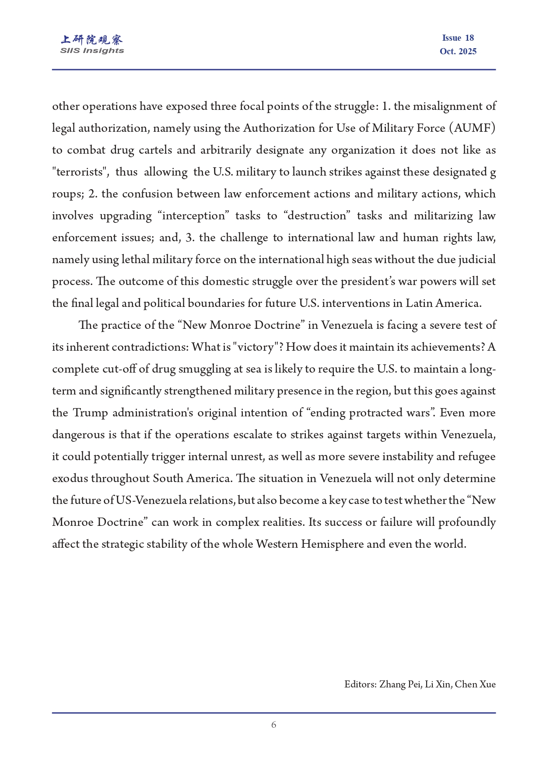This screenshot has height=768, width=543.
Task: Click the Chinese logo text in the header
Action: point(92,40)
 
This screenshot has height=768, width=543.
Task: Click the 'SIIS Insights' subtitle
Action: point(92,51)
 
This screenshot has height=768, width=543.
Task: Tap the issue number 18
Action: point(469,38)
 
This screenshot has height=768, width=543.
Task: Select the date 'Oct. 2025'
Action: point(458,51)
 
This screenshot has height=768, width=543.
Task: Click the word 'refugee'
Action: point(476,457)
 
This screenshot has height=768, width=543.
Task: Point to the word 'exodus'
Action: point(70,479)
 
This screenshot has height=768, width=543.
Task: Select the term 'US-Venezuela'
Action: point(151,500)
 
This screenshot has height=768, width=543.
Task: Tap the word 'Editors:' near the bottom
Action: point(360,684)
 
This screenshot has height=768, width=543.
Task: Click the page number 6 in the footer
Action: point(273,725)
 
